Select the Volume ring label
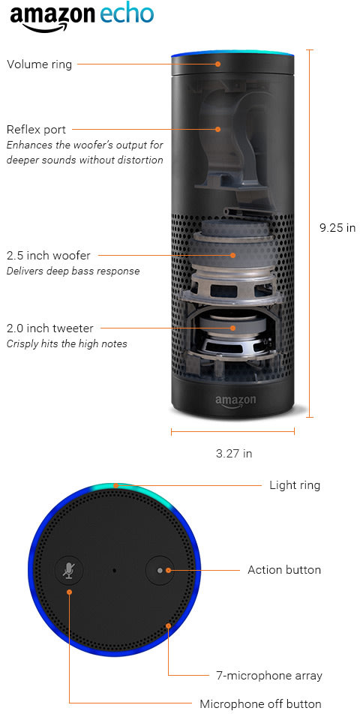39,64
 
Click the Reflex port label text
36,129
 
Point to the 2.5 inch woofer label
48,256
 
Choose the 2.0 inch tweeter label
49,328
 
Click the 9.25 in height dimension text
337,228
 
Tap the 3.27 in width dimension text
234,454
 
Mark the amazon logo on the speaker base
235,401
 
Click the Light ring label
295,485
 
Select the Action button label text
284,570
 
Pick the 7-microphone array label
269,676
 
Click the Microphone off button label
260,703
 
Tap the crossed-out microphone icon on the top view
69,570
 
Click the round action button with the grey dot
159,570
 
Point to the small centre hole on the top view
114,570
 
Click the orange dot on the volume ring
218,64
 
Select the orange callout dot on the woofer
233,256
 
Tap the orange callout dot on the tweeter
233,328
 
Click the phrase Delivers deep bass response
73,271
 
